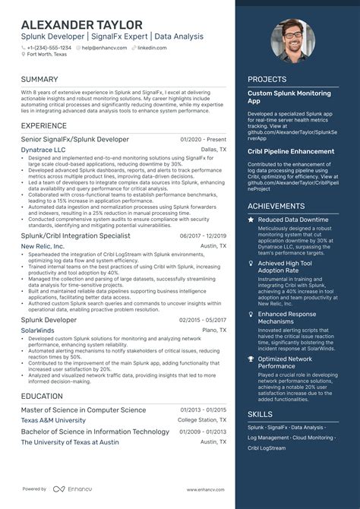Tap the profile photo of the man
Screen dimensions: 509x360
(293, 41)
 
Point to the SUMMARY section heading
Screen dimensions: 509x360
(39, 79)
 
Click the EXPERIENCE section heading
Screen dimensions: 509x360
(44, 125)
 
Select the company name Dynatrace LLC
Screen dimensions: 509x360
(43, 150)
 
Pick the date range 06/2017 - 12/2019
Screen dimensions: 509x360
(203, 236)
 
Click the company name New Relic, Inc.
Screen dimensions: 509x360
(42, 247)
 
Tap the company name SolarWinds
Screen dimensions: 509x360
(37, 330)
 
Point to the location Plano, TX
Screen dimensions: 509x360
(213, 330)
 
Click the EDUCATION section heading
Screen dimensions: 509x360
(42, 396)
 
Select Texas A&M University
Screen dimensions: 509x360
(53, 420)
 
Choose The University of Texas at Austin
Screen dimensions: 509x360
(70, 441)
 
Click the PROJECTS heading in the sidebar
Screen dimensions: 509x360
(267, 79)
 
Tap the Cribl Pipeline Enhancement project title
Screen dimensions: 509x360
(291, 151)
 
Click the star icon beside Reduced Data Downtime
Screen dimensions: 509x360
(251, 220)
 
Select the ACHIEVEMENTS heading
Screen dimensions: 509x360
(276, 206)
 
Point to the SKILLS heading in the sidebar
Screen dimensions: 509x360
(260, 414)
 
